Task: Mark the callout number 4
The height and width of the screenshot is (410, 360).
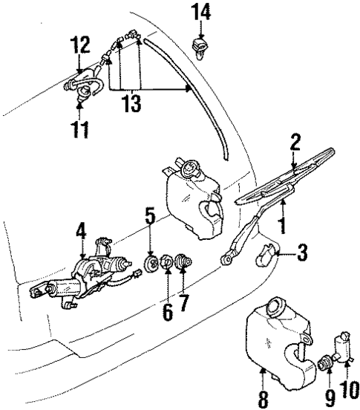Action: coord(79,233)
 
